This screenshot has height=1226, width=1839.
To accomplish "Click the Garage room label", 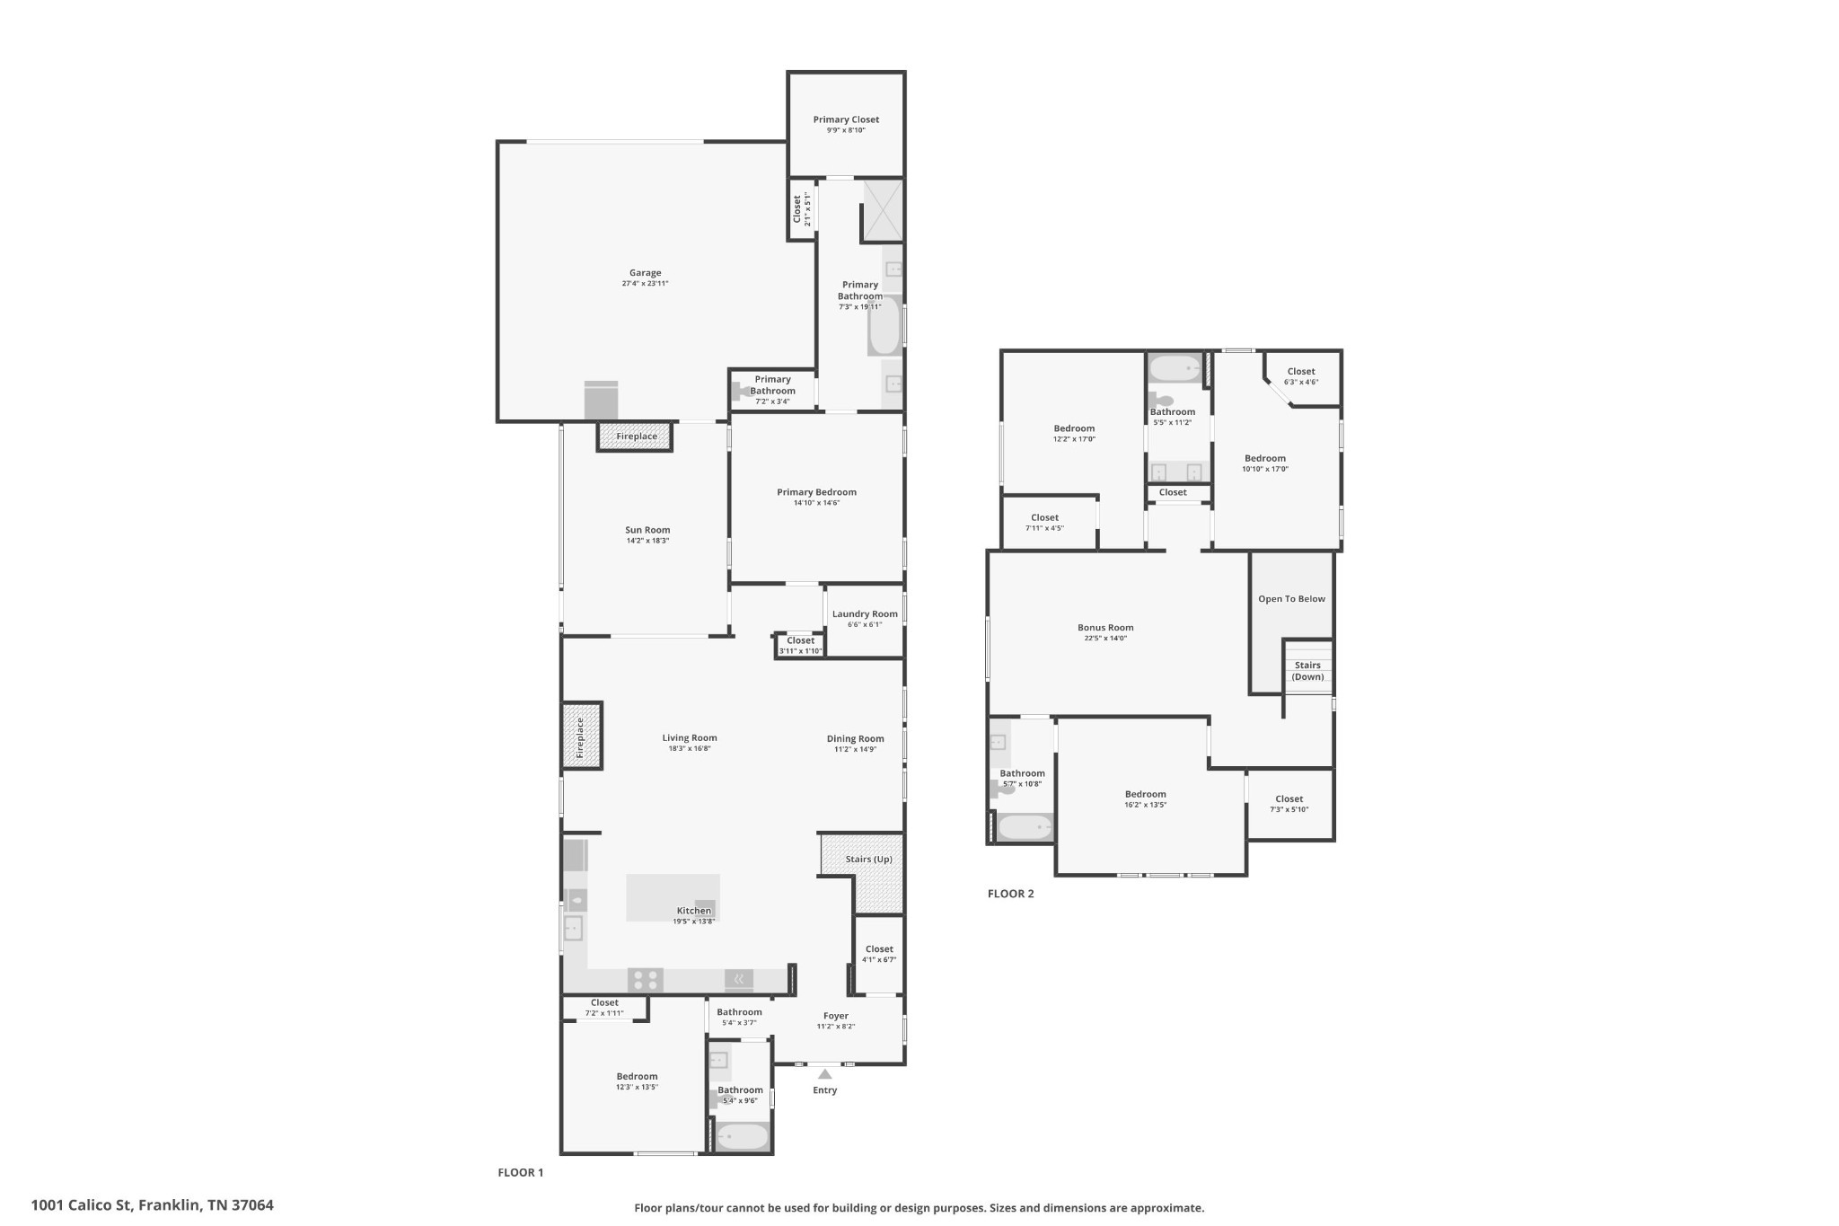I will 645,273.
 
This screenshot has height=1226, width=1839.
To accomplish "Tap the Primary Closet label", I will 846,119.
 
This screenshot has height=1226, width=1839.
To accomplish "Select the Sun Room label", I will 647,530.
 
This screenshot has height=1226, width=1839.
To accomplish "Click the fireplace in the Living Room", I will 581,736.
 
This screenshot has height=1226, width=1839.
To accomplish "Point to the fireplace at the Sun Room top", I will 636,437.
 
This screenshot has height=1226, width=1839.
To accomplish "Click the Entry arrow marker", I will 824,1073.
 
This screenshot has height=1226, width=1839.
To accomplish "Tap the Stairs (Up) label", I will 868,860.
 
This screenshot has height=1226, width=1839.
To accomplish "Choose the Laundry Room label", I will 865,614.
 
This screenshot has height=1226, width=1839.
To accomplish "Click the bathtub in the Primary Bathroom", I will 884,326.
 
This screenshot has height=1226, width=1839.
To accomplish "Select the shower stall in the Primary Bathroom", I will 883,210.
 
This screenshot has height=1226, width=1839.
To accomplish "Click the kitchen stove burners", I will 645,979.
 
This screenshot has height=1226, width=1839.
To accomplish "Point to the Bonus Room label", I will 1105,628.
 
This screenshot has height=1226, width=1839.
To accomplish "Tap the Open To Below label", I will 1291,599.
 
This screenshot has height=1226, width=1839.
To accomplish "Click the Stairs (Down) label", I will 1307,671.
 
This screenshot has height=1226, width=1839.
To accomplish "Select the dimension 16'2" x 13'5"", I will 1145,805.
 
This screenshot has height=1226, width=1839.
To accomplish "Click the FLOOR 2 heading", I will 1010,894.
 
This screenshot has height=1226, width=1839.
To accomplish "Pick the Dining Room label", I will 855,739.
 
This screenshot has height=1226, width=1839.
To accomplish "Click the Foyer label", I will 835,1016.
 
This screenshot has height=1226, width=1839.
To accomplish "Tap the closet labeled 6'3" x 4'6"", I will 1300,383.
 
